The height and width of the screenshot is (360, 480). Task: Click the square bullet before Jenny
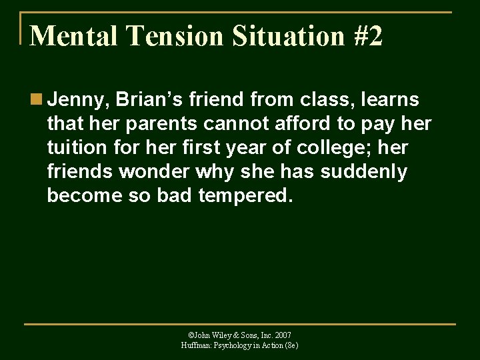[35, 100]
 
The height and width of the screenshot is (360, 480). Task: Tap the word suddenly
[363, 172]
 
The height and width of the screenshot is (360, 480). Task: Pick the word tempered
[245, 196]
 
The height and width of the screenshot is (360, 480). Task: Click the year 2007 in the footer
[282, 335]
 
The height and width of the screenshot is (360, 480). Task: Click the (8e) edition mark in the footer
[291, 345]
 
